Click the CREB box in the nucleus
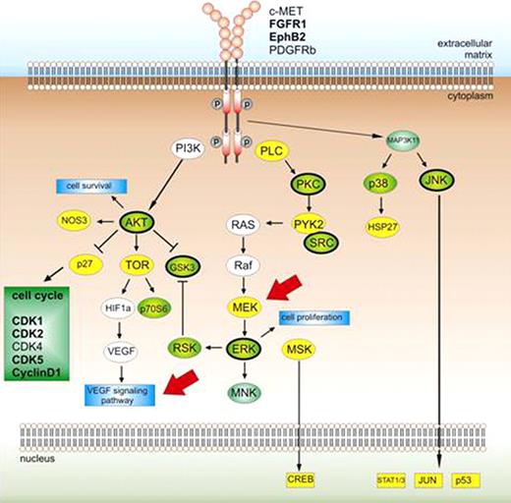click(301, 478)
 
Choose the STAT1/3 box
click(391, 478)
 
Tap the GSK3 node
click(187, 265)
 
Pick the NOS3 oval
click(72, 223)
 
